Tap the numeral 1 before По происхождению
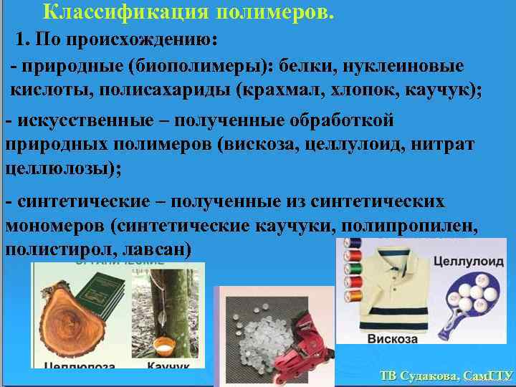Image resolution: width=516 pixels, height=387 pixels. tap(21, 38)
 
